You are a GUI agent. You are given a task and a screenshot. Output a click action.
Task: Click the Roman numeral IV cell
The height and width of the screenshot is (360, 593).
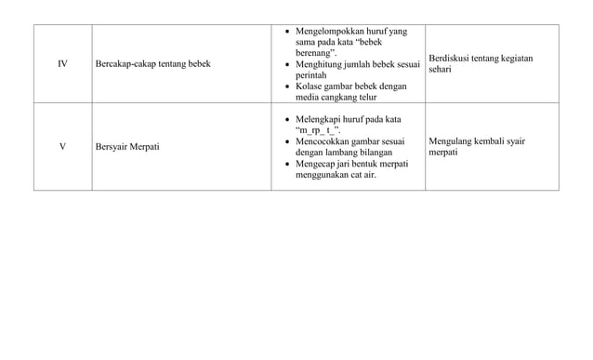coord(62,63)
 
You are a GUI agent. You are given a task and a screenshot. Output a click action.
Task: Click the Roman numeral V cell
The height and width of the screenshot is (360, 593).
coord(62,146)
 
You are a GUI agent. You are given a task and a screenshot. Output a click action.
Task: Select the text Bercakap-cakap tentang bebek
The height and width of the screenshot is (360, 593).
coord(153,63)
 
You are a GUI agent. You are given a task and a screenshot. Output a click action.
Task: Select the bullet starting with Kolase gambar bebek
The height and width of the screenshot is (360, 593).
coord(351,91)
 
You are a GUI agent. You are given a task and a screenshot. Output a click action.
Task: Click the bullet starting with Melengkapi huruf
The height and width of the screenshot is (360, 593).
coord(349,125)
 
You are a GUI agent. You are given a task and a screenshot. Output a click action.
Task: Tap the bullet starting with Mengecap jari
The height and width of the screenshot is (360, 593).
coord(351,168)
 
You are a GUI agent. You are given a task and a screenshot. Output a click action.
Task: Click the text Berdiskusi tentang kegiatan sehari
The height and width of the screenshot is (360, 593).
coord(480,63)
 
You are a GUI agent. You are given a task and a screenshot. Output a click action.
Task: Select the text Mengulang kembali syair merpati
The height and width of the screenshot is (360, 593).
coord(476,146)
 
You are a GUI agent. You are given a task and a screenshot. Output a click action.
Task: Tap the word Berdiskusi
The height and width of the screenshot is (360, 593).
coord(449,58)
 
